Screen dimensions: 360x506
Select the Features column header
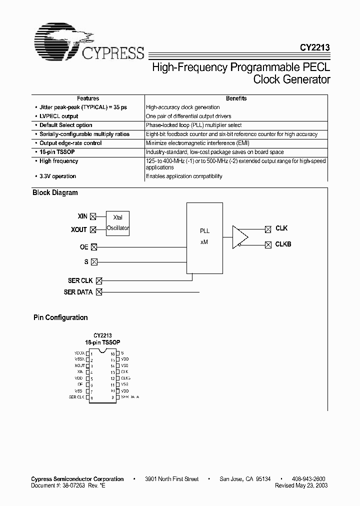[88, 98]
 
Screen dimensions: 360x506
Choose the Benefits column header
[236, 98]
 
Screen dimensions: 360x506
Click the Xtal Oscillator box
[118, 223]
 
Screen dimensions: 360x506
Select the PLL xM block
[204, 238]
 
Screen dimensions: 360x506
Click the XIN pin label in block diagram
[82, 216]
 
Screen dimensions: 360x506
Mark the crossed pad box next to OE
[94, 246]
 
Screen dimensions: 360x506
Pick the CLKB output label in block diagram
[283, 244]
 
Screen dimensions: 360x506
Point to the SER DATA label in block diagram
[78, 292]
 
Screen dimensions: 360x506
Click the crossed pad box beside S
[94, 261]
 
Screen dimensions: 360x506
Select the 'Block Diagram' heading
[55, 192]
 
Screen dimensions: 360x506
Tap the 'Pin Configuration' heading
[60, 317]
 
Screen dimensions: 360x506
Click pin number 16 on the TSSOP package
[113, 353]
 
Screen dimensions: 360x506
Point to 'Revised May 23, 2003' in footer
[301, 485]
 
